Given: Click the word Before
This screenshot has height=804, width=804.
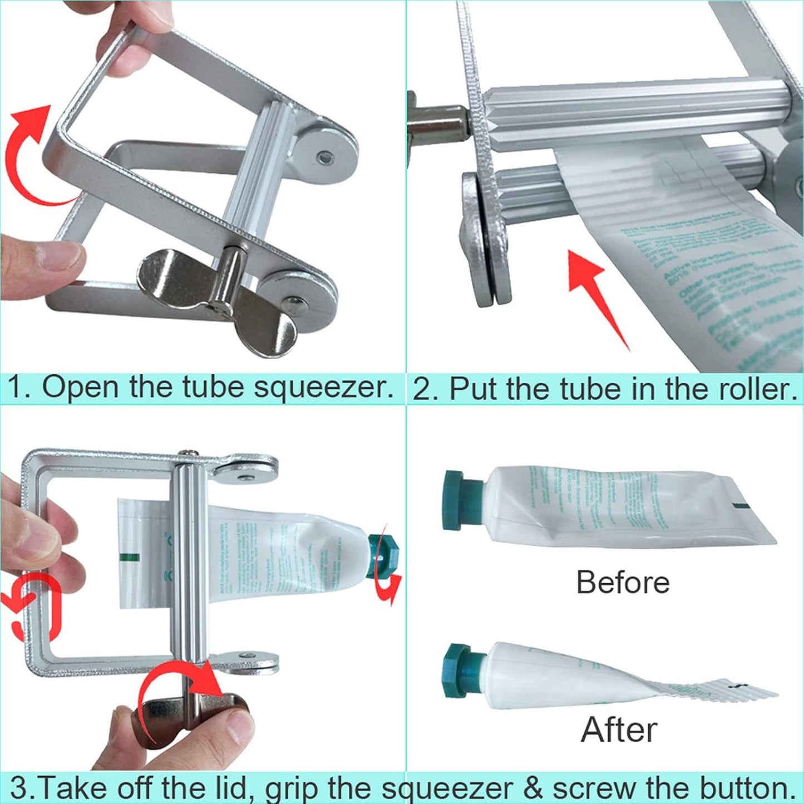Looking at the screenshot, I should click(623, 582).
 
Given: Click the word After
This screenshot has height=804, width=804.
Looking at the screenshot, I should click(619, 729).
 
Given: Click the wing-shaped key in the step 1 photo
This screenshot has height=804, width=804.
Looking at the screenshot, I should click(217, 300).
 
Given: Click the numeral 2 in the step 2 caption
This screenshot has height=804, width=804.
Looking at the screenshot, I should click(422, 388).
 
